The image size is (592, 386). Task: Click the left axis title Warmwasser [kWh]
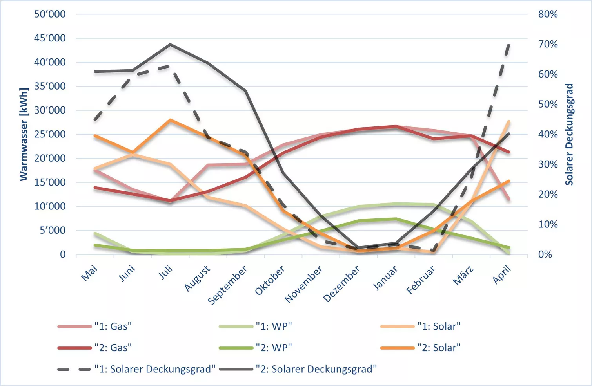[x=24, y=135]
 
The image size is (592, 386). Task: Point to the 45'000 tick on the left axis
[x=50, y=38]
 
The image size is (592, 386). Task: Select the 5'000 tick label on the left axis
[x=53, y=230]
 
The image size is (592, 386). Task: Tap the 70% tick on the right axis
[x=548, y=44]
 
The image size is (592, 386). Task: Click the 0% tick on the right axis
[x=545, y=254]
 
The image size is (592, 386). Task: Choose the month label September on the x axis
[x=228, y=285]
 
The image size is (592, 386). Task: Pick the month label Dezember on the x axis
[x=341, y=284]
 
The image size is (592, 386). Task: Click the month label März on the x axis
[x=463, y=276]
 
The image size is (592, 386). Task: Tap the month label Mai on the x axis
[x=89, y=273]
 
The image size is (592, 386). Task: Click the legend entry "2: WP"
[x=256, y=348]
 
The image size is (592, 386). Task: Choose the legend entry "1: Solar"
[x=421, y=326]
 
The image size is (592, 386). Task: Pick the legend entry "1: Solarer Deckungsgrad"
[x=136, y=369]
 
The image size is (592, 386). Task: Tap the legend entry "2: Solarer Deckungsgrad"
[x=298, y=369]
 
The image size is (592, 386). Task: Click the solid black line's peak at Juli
[x=171, y=44]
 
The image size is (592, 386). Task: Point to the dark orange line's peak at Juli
[x=171, y=120]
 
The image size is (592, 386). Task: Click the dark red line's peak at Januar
[x=396, y=126]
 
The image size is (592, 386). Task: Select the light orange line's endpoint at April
[x=509, y=121]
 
